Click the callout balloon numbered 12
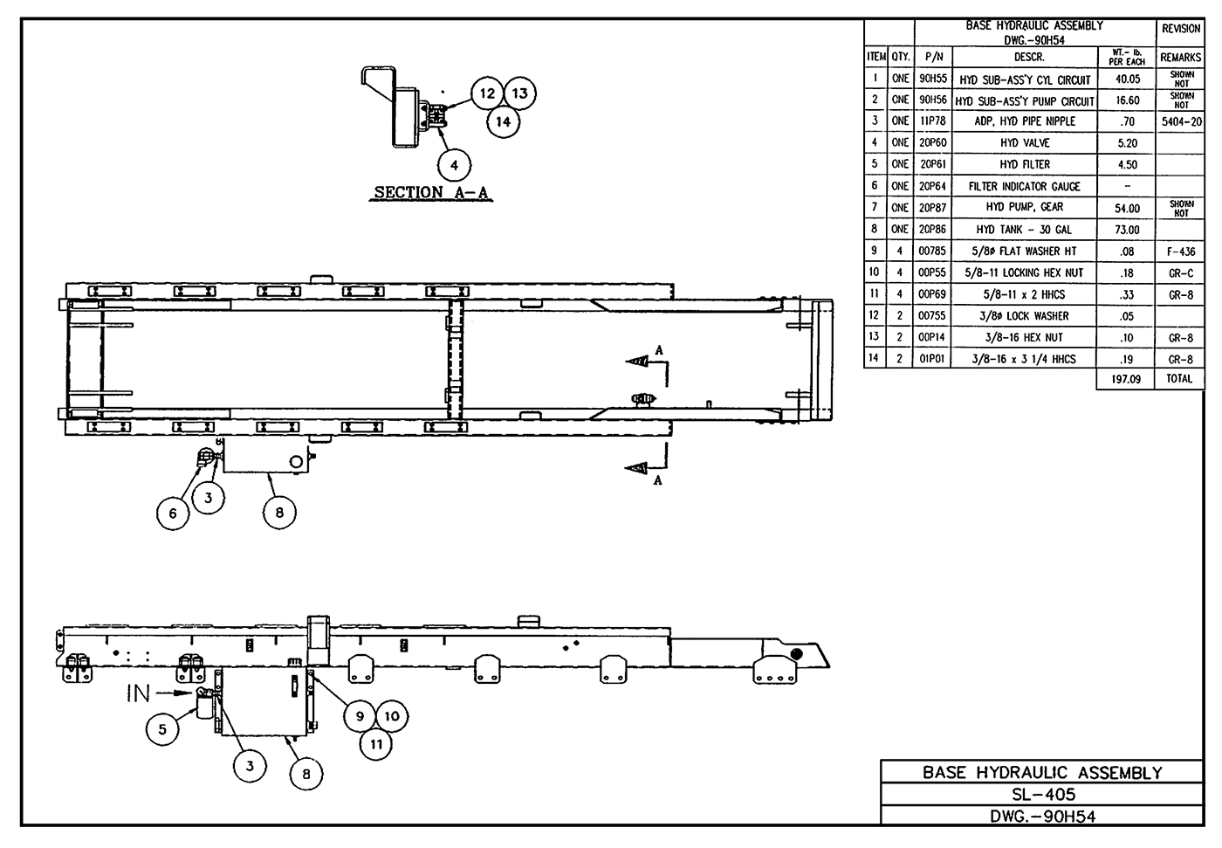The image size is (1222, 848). (x=487, y=93)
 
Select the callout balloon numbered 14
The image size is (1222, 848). (x=504, y=121)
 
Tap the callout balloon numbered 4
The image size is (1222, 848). (x=454, y=164)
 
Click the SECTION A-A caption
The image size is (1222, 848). (x=431, y=192)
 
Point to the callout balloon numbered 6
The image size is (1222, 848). (x=173, y=513)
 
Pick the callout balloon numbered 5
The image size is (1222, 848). (x=163, y=729)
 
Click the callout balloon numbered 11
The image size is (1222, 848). (x=376, y=744)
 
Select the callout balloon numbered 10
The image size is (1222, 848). (x=392, y=716)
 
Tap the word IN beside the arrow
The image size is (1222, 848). (x=139, y=693)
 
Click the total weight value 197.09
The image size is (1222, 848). (x=1126, y=379)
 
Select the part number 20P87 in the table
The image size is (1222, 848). (x=932, y=208)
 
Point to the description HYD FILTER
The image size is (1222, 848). (x=1025, y=164)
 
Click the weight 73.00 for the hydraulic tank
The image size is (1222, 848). (x=1127, y=230)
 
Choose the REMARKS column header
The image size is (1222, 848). (x=1181, y=58)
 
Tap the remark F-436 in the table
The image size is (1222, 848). (x=1181, y=252)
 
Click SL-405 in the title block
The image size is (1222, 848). (x=1042, y=794)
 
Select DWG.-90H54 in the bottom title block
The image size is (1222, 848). (x=1042, y=817)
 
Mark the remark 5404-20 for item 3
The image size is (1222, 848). (x=1181, y=121)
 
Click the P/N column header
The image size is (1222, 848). (x=932, y=58)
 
